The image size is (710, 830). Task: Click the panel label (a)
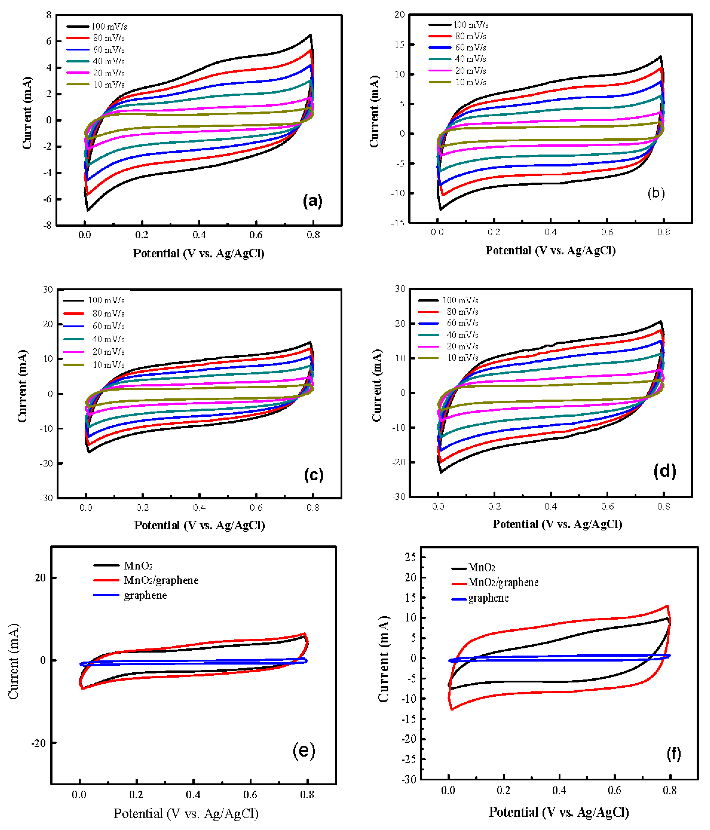point(312,200)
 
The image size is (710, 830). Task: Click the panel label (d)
point(664,471)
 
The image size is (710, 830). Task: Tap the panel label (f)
point(674,754)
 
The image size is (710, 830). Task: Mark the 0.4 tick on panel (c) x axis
point(199,508)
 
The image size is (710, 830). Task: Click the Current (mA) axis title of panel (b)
point(374,111)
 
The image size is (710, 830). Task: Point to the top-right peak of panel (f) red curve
point(667,606)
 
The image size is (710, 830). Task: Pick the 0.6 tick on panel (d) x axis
point(607,506)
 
